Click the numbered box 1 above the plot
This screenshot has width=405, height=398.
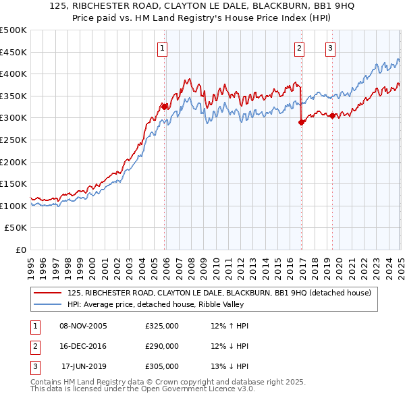pyautogui.click(x=163, y=48)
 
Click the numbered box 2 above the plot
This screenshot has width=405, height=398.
pyautogui.click(x=299, y=48)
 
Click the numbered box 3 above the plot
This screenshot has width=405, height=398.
pyautogui.click(x=330, y=48)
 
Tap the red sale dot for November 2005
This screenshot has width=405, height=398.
pyautogui.click(x=164, y=107)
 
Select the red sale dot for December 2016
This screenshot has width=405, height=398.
pyautogui.click(x=301, y=122)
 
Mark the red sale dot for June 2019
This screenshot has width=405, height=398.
pyautogui.click(x=332, y=115)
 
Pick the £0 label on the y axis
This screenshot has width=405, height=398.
pyautogui.click(x=20, y=250)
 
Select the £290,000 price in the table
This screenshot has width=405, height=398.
pyautogui.click(x=162, y=347)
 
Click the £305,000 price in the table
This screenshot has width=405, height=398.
pyautogui.click(x=162, y=367)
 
